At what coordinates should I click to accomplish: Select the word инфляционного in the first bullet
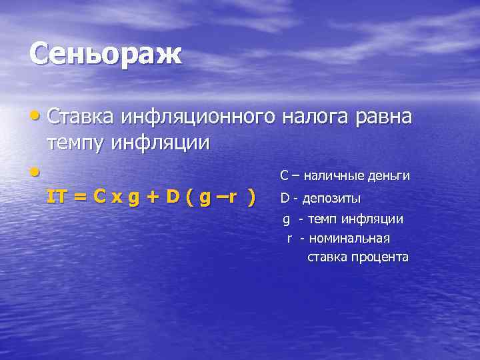pyautogui.click(x=198, y=117)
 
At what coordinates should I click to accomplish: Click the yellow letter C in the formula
pyautogui.click(x=99, y=197)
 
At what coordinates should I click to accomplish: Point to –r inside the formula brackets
pyautogui.click(x=229, y=198)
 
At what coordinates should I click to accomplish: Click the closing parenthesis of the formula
pyautogui.click(x=251, y=198)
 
